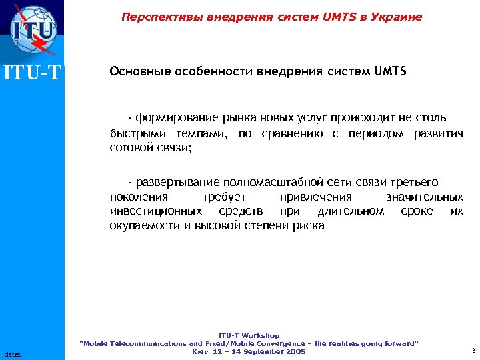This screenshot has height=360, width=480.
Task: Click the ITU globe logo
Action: click(x=33, y=30)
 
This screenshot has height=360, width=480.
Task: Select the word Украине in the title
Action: click(x=397, y=17)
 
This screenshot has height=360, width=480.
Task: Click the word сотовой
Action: click(x=129, y=147)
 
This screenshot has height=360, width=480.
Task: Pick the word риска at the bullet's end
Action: click(x=309, y=225)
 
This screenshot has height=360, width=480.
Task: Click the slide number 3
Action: click(x=473, y=351)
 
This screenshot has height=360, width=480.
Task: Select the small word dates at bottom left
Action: click(x=11, y=354)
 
